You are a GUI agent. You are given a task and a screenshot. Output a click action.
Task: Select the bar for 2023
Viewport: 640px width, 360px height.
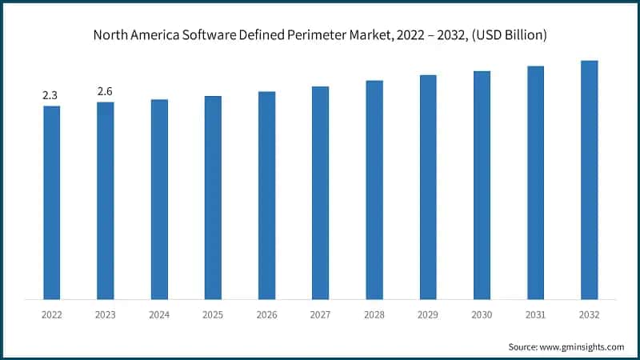pyautogui.click(x=105, y=201)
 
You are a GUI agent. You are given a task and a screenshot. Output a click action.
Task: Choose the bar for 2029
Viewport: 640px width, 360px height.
pyautogui.click(x=428, y=187)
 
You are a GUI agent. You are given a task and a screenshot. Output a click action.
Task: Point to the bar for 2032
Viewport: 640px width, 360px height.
pyautogui.click(x=589, y=180)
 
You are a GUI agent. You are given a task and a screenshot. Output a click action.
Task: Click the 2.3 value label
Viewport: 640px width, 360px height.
pyautogui.click(x=50, y=95)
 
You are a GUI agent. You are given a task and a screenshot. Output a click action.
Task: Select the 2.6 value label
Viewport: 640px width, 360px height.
pyautogui.click(x=105, y=91)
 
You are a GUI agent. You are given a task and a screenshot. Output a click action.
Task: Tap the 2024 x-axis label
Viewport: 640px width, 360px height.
pyautogui.click(x=158, y=315)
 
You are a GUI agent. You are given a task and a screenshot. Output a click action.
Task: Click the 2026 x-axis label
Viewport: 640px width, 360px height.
pyautogui.click(x=266, y=315)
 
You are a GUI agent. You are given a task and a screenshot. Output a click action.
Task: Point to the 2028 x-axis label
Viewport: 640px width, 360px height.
pyautogui.click(x=374, y=315)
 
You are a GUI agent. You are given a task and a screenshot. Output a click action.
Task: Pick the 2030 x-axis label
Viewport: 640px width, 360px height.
pyautogui.click(x=482, y=315)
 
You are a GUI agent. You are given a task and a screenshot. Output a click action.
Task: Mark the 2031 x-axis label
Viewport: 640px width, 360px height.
pyautogui.click(x=535, y=315)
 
